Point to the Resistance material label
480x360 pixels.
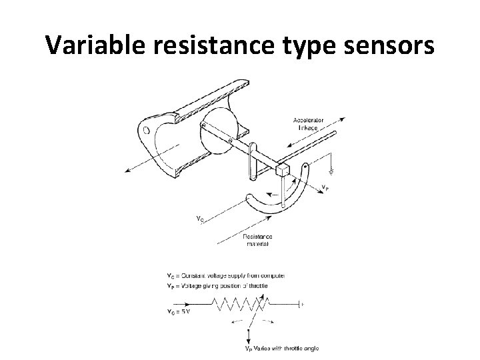257,240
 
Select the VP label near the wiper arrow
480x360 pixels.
325,187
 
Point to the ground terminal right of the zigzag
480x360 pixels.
303,304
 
